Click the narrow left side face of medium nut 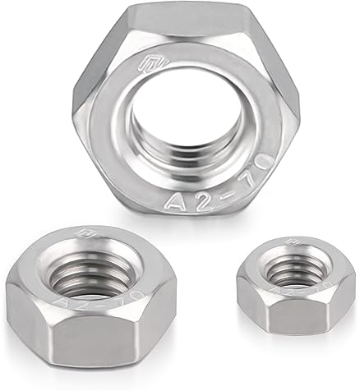18,316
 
